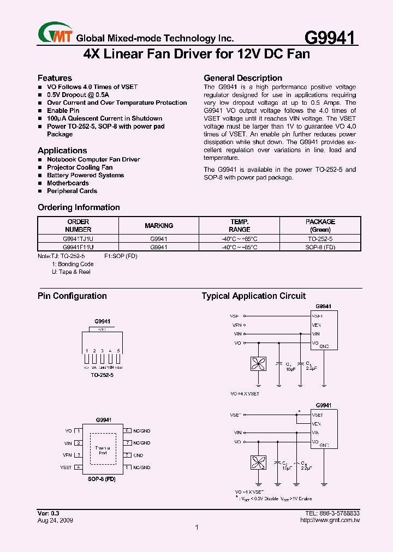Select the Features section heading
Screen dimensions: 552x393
pos(55,78)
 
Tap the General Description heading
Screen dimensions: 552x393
pos(242,78)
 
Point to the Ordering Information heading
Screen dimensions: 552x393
pos(79,207)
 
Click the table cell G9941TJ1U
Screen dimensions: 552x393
pos(78,239)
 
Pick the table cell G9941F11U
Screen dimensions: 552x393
pos(78,247)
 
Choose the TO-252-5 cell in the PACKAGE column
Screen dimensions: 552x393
pos(320,239)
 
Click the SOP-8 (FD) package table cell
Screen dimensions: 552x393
pos(320,247)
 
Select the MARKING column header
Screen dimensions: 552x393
pos(159,226)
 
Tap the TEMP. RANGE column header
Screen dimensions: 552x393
pos(239,226)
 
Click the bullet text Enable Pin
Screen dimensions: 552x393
pos(63,111)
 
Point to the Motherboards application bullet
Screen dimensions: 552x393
pos(68,183)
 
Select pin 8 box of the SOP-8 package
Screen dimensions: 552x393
pos(127,431)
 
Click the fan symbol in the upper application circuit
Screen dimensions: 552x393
pos(257,364)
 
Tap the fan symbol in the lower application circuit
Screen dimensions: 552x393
pos(257,463)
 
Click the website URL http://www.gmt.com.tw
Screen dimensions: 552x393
pos(330,520)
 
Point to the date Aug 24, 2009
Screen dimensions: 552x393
pos(55,520)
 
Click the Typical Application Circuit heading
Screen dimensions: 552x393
pos(253,296)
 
